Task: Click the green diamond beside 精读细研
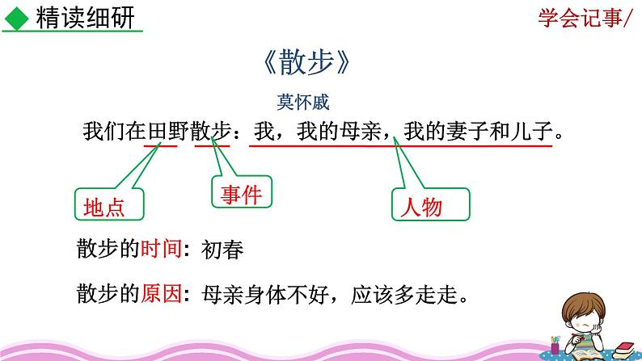(x=18, y=17)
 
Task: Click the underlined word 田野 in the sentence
(x=160, y=130)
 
